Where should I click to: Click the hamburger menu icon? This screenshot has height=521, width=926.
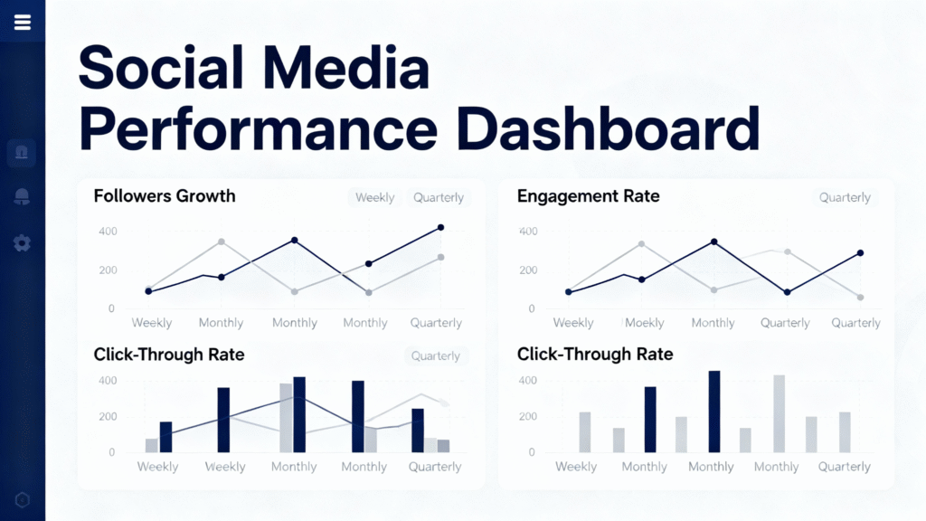tap(23, 23)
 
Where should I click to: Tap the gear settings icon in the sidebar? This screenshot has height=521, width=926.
tap(22, 243)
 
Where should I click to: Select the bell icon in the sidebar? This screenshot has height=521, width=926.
tap(22, 197)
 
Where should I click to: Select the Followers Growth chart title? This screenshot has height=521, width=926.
tap(165, 195)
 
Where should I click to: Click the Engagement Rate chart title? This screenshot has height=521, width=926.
tap(588, 195)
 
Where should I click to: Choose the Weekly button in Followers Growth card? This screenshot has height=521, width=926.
tap(374, 197)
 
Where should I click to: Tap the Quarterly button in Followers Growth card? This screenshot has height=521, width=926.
tap(439, 197)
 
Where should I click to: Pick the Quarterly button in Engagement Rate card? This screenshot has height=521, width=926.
tap(845, 197)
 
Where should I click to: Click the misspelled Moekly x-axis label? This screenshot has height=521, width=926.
tap(643, 323)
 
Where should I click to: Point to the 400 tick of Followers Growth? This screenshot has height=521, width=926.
tap(108, 232)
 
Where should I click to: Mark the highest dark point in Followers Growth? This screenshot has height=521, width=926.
tap(440, 227)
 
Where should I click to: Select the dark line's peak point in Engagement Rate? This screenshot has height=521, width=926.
tap(713, 242)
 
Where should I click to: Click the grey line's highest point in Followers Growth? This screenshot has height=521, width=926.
tap(222, 242)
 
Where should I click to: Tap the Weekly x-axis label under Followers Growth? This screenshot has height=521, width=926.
tap(152, 323)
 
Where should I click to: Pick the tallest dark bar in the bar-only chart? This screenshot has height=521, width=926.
tap(713, 412)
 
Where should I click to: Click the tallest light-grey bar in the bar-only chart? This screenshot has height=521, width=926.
tap(779, 413)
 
